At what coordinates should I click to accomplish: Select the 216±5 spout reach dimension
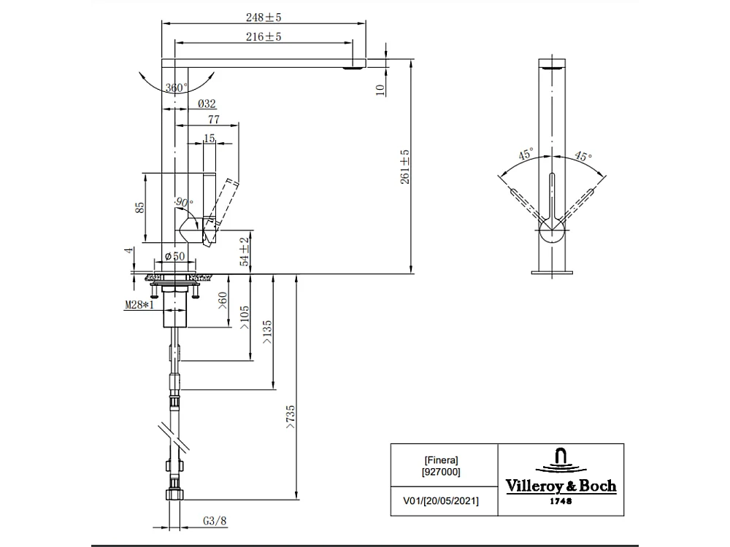[264, 36]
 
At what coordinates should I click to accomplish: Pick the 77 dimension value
[215, 120]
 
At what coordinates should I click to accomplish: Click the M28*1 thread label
[139, 304]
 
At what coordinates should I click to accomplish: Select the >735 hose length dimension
[291, 421]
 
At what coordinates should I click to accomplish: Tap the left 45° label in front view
[526, 155]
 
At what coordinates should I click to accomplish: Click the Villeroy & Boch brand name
[561, 486]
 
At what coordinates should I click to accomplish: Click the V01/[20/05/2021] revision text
[442, 501]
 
